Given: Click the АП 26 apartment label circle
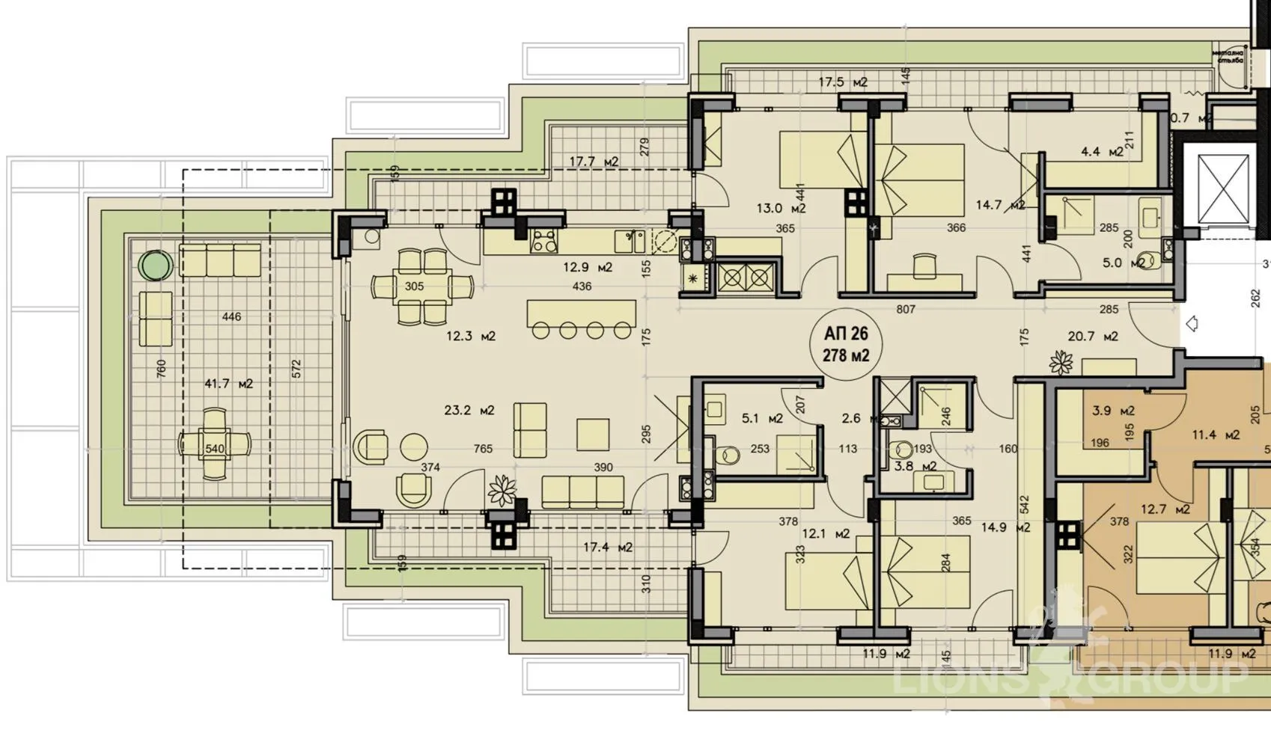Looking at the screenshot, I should [846, 344].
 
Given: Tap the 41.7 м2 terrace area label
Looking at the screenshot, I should [228, 384].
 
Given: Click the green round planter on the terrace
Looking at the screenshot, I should [156, 264].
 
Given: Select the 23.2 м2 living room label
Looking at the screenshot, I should [469, 410].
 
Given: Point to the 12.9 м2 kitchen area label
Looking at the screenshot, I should [588, 267].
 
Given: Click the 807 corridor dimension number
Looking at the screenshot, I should [906, 308].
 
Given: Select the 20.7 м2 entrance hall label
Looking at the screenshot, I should [1093, 337].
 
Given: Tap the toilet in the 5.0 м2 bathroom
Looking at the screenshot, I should [1142, 262].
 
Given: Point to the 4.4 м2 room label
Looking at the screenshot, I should [1102, 152].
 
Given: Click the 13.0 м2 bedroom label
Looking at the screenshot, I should [781, 209].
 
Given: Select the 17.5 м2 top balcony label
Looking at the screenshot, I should [843, 82].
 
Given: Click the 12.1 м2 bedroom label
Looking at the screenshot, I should [826, 533].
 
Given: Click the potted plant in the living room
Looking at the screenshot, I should [502, 490].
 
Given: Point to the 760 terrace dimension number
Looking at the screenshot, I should [161, 369].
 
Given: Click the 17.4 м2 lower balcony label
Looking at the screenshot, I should [607, 547].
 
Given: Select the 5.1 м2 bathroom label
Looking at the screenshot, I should [762, 418].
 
